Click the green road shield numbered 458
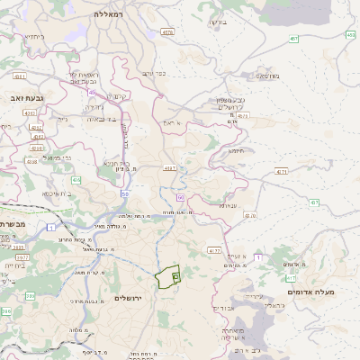pyautogui.click(x=349, y=34)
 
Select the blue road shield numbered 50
pyautogui.click(x=124, y=193)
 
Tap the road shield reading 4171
pyautogui.click(x=282, y=171)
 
